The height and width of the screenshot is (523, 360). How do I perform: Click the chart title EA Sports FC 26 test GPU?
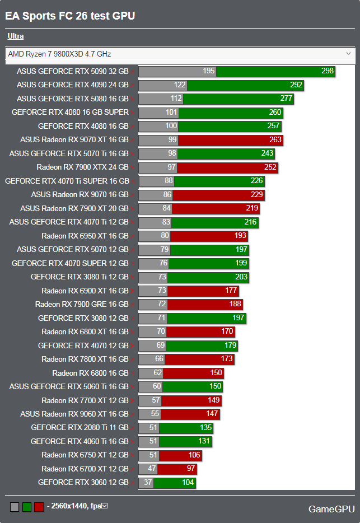point(70,16)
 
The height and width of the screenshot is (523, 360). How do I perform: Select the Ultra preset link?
point(15,36)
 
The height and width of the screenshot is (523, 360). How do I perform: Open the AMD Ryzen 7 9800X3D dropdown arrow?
point(349,54)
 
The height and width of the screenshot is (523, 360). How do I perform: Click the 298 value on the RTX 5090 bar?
point(328,71)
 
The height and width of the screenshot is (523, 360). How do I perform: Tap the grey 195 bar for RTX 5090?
point(177,71)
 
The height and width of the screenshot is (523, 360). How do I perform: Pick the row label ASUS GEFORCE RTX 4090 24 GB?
point(73,85)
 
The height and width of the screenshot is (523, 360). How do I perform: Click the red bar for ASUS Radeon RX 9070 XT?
point(230,140)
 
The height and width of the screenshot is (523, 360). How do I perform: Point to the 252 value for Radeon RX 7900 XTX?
point(270,167)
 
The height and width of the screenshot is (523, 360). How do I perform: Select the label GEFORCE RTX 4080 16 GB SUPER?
point(70,113)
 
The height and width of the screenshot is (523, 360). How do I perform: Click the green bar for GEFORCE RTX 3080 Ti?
point(208,277)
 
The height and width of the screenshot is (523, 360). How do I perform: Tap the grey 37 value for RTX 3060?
point(148,483)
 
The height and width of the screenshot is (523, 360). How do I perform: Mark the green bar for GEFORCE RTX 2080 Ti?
point(186,428)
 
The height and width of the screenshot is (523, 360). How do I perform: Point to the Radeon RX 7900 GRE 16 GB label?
point(82,305)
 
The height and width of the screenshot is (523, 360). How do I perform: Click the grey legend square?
point(15,507)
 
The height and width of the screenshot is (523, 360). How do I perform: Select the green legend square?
point(26,507)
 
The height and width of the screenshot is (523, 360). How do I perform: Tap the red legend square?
point(39,507)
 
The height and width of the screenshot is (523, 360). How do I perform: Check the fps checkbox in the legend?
point(104,506)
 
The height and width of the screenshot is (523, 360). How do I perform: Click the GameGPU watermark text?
point(331,509)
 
